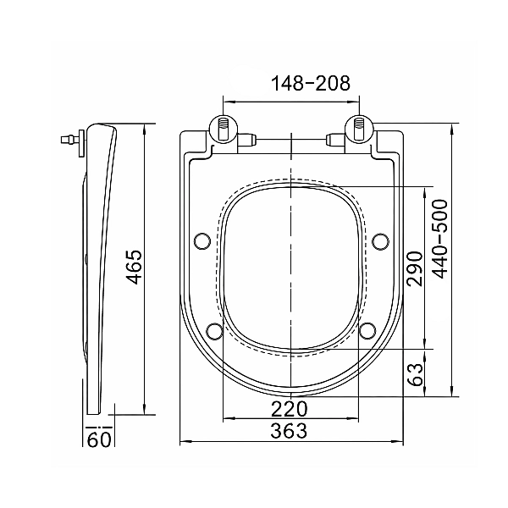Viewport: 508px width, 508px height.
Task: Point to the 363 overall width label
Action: pos(290,431)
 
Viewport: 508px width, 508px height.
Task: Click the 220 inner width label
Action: pos(290,408)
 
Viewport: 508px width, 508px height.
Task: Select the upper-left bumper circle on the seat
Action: pos(202,241)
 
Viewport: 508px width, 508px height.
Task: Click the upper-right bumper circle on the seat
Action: pos(380,241)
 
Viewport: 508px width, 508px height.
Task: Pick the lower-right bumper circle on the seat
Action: pos(367,330)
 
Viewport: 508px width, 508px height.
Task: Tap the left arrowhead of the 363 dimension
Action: pos(185,441)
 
